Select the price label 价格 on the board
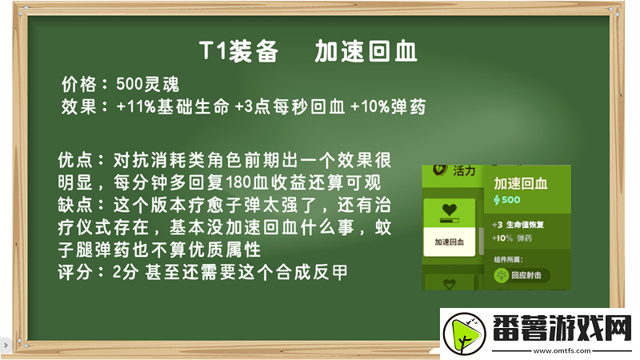pyautogui.click(x=79, y=83)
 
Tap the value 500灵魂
pyautogui.click(x=147, y=83)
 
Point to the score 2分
pyautogui.click(x=126, y=272)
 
